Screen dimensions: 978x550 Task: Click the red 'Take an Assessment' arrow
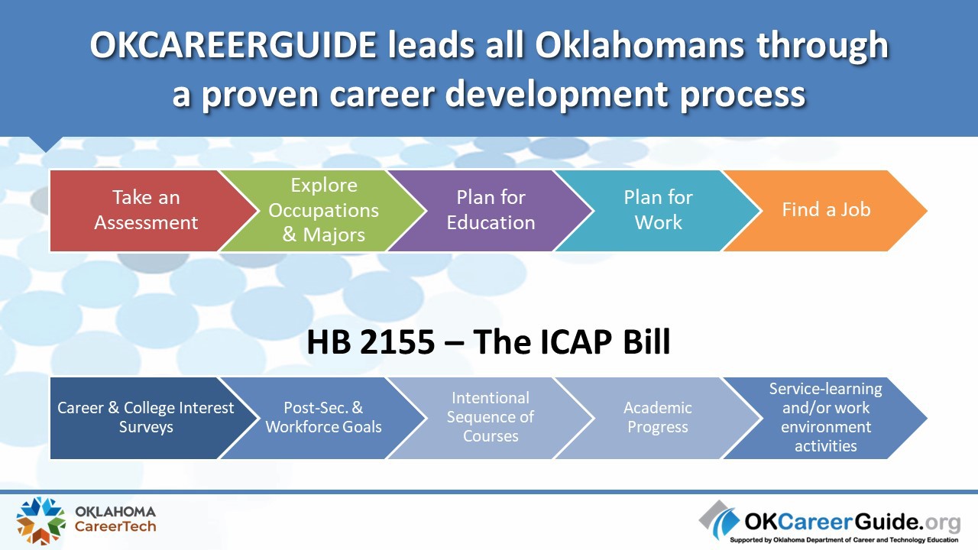coord(146,210)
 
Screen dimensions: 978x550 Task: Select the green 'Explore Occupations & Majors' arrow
coord(323,210)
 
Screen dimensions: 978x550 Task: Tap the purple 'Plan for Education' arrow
coord(491,210)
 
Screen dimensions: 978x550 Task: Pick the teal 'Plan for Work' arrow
coord(659,210)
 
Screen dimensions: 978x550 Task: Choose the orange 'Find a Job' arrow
coord(826,210)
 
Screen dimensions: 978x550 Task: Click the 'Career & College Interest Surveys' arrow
coord(146,418)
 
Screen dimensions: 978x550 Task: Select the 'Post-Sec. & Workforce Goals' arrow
coord(323,418)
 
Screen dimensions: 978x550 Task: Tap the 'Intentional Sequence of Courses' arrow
coord(491,418)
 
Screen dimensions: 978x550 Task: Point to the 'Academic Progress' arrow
coord(659,418)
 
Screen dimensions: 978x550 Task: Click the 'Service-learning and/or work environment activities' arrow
coord(826,418)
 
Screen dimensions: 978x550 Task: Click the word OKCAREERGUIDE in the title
coord(233,45)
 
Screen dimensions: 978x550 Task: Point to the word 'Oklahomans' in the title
coord(640,45)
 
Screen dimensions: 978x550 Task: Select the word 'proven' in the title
coord(260,95)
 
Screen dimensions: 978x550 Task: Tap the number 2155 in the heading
coord(397,341)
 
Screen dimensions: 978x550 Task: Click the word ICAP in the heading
coord(576,341)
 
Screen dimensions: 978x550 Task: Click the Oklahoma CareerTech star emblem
coord(40,520)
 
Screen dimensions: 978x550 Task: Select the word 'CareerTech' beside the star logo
coord(115,526)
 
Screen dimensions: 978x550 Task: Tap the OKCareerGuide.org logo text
coord(852,521)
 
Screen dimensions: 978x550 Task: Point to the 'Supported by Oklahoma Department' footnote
coord(844,540)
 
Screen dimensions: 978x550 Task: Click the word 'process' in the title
coord(742,95)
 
